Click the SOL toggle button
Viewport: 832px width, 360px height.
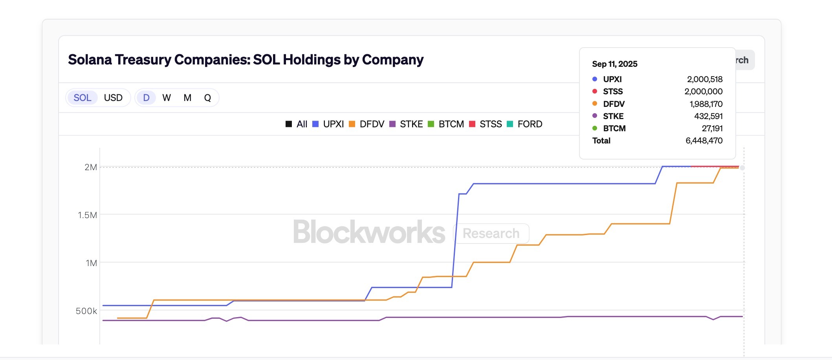(82, 98)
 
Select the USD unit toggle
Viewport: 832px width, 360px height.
(113, 98)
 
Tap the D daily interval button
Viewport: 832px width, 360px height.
(146, 98)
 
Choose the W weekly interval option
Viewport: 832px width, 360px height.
(167, 98)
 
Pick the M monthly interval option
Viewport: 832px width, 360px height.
(187, 98)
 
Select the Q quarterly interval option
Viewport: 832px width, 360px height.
(207, 98)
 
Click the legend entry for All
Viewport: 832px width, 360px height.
(297, 124)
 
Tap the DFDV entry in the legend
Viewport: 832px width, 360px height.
(367, 124)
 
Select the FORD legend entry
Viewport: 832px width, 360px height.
(525, 124)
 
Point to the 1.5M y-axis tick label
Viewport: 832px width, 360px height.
(87, 215)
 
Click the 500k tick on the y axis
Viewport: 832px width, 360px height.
(86, 311)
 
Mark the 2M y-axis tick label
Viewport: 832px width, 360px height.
(90, 167)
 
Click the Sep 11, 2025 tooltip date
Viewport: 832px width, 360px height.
(614, 64)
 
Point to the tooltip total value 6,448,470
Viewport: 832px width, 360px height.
(704, 141)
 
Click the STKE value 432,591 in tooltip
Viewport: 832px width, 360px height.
(708, 116)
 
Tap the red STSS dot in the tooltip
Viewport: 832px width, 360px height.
(595, 92)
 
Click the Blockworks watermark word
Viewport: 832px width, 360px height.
(369, 232)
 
